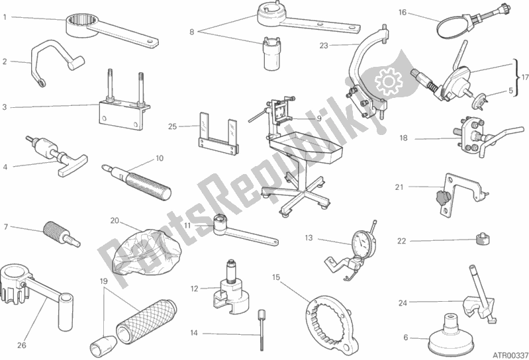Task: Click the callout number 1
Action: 5,17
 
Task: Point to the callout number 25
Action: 172,127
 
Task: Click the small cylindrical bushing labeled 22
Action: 482,240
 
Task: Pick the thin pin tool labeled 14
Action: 261,330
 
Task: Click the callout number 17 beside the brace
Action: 524,77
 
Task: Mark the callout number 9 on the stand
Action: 319,118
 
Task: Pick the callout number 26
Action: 22,345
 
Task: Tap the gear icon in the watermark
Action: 389,81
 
